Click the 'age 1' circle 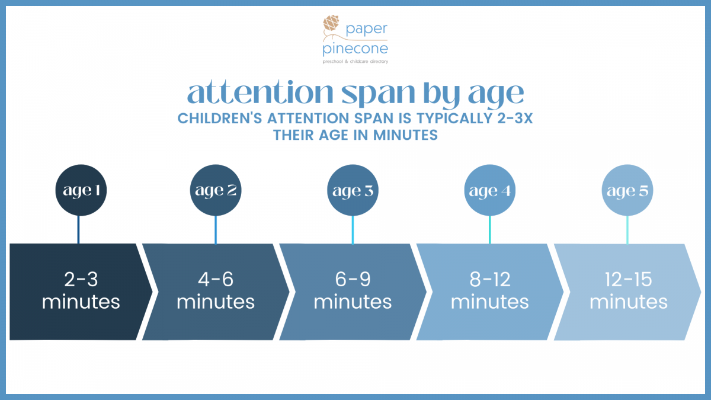[x=81, y=190]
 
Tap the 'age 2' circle [x=216, y=190]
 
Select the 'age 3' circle [x=353, y=190]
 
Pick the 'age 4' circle [x=490, y=190]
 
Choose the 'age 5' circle [x=627, y=190]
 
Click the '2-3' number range [x=81, y=279]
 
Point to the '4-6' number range [x=216, y=279]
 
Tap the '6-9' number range [x=353, y=279]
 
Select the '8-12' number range [x=490, y=279]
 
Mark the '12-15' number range [x=628, y=279]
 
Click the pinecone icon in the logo [x=331, y=23]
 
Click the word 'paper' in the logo [x=367, y=30]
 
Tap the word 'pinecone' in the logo [x=355, y=49]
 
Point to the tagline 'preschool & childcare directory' [x=355, y=61]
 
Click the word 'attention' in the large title [x=260, y=92]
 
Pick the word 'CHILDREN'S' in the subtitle [x=220, y=119]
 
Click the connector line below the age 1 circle [x=78, y=230]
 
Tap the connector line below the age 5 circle [x=627, y=230]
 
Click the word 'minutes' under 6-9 [x=353, y=302]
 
